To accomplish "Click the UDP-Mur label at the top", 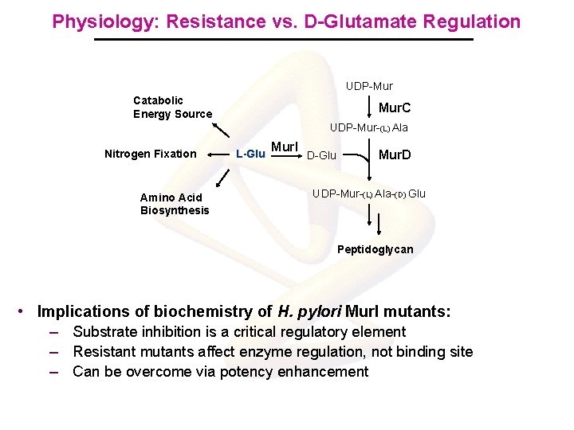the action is click(369, 85).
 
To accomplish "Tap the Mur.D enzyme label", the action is click(395, 154).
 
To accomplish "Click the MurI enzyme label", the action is click(285, 147).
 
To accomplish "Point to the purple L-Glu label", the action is click(250, 154).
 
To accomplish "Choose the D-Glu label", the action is click(321, 154).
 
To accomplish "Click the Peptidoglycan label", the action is click(375, 249).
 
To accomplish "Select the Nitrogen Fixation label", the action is click(150, 154).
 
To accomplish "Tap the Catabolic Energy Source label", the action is click(172, 107).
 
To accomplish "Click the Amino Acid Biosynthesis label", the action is click(175, 204).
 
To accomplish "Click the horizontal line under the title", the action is click(284, 40).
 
